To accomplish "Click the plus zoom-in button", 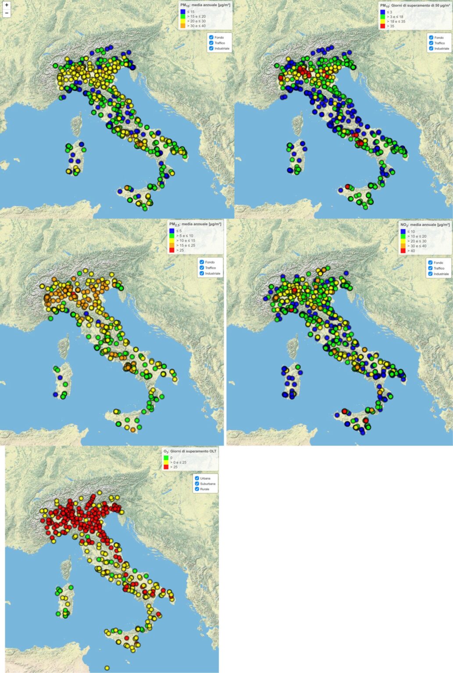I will (7, 5).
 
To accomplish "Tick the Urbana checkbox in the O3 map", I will (197, 478).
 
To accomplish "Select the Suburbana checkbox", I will (197, 484).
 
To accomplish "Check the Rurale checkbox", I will (197, 489).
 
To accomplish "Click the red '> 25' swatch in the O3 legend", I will (166, 467).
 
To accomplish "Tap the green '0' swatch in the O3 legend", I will (166, 458).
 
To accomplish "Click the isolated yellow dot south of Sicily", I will (107, 668).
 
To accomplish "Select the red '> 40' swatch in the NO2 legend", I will (403, 251).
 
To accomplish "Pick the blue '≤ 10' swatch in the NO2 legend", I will (403, 231).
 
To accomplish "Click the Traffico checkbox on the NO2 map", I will (430, 268).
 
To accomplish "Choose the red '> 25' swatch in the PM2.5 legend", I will (172, 250).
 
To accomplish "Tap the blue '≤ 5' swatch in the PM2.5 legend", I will (172, 231).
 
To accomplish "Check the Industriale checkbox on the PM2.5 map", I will (202, 273).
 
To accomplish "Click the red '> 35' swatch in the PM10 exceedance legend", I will (383, 26).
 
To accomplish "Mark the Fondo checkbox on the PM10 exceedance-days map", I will (431, 38).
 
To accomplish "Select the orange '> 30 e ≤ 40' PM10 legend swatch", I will (183, 26).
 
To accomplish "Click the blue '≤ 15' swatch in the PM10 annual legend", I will (183, 12).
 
